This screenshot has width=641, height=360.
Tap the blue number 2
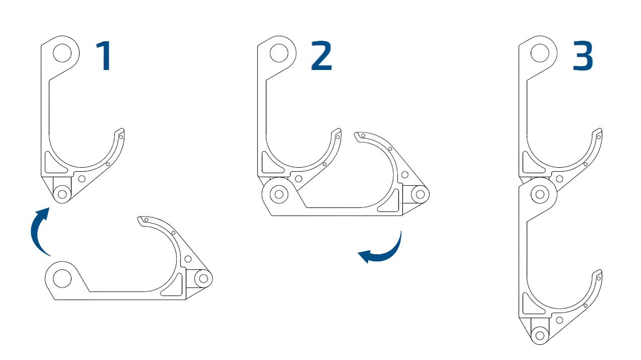(321, 55)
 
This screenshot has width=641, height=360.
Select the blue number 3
(583, 56)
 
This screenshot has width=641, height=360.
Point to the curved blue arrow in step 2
(383, 250)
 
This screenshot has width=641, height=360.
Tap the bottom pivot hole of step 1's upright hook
(62, 193)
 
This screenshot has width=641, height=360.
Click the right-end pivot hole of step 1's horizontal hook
(203, 278)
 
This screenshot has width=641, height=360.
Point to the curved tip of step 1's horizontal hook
(143, 221)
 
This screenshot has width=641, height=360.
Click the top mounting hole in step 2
(278, 53)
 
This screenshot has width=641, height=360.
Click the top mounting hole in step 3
(540, 53)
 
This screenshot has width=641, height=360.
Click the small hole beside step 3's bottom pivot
(559, 320)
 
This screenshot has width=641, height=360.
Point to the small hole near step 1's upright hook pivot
(82, 178)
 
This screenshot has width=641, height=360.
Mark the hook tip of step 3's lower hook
(597, 274)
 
